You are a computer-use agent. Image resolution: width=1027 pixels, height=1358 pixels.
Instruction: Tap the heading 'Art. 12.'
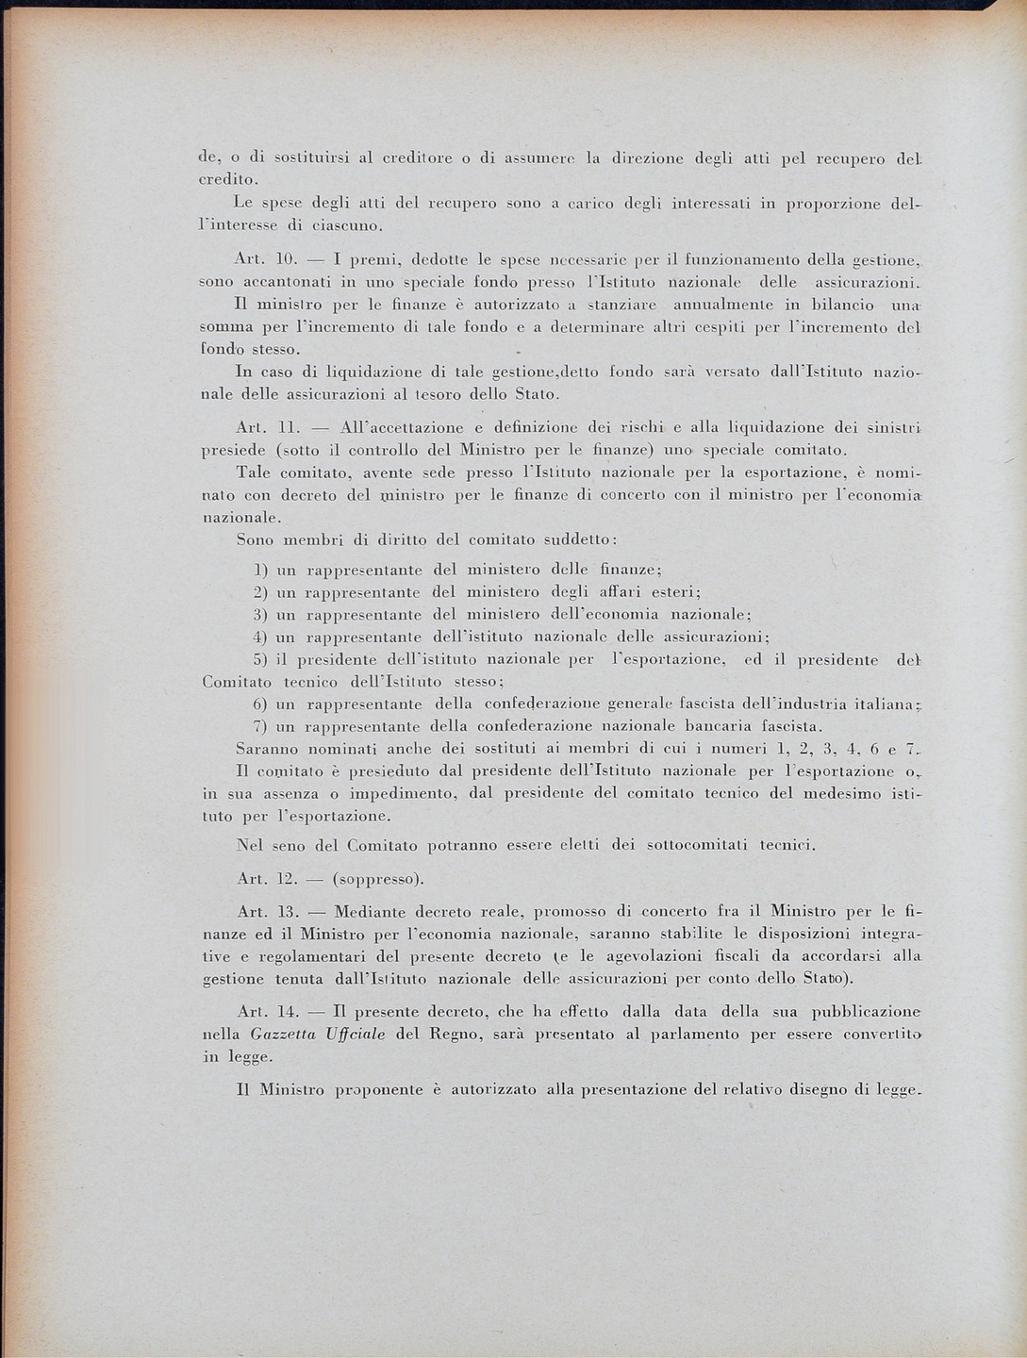click(x=268, y=879)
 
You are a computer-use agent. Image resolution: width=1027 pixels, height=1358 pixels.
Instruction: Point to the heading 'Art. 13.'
click(x=268, y=912)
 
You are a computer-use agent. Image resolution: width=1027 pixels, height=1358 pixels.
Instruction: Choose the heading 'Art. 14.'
click(x=268, y=1012)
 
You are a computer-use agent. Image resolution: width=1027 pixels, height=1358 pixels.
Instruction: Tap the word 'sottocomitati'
click(x=698, y=845)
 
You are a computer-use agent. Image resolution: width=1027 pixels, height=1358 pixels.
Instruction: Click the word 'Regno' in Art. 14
click(x=456, y=1035)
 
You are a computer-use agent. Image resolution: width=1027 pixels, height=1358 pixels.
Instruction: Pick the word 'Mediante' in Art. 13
click(x=370, y=912)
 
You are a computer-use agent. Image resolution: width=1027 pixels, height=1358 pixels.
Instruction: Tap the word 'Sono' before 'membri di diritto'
click(x=256, y=540)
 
